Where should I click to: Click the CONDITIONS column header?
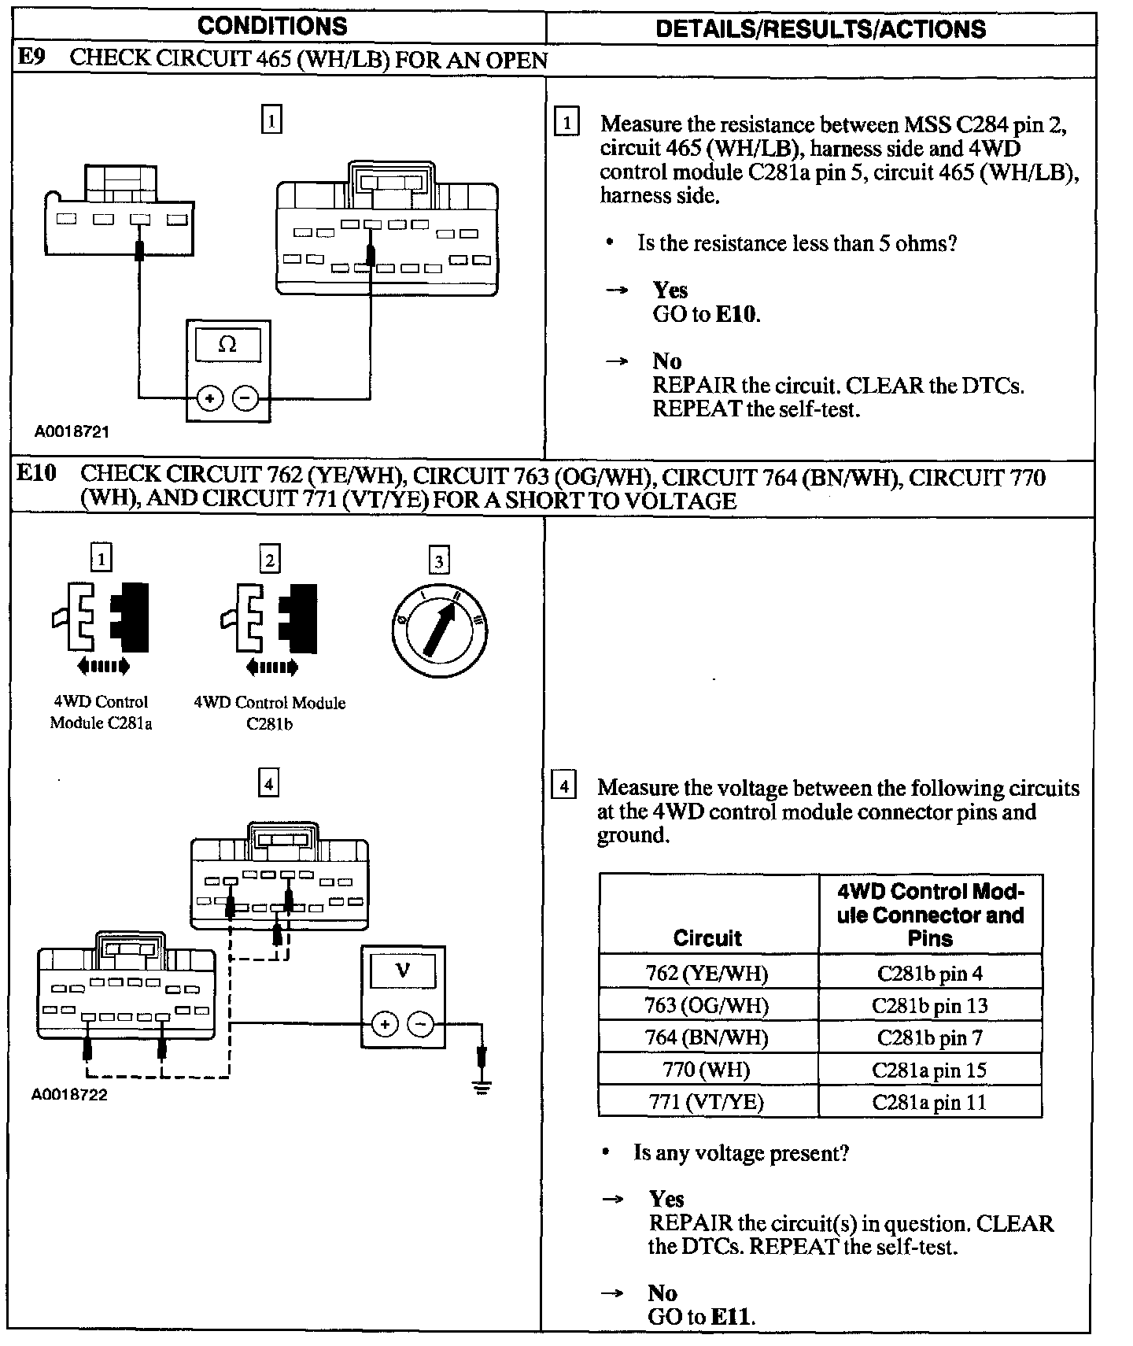pos(272,26)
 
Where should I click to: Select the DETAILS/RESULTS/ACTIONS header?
pos(820,29)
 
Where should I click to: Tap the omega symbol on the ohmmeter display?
pos(227,344)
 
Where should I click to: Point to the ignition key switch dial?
pos(438,629)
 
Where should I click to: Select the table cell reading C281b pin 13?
pos(930,1005)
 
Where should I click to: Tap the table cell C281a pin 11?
pos(929,1102)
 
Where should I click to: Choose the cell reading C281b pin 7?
pos(930,1037)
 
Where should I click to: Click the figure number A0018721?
pos(72,431)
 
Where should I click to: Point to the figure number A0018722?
pos(69,1095)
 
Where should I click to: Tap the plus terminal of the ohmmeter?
pos(209,399)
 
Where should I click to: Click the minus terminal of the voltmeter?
pos(422,1024)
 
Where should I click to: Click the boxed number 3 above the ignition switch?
pos(439,560)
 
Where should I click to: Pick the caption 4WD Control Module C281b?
pos(270,713)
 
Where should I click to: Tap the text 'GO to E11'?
pos(700,1316)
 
